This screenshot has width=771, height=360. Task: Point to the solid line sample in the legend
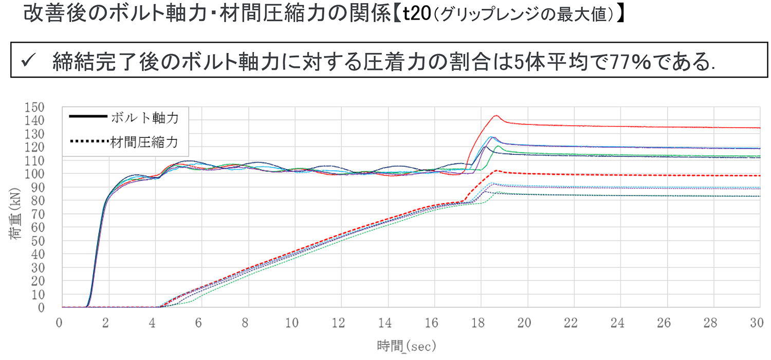(x=88, y=118)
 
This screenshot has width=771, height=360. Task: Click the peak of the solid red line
(x=496, y=116)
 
